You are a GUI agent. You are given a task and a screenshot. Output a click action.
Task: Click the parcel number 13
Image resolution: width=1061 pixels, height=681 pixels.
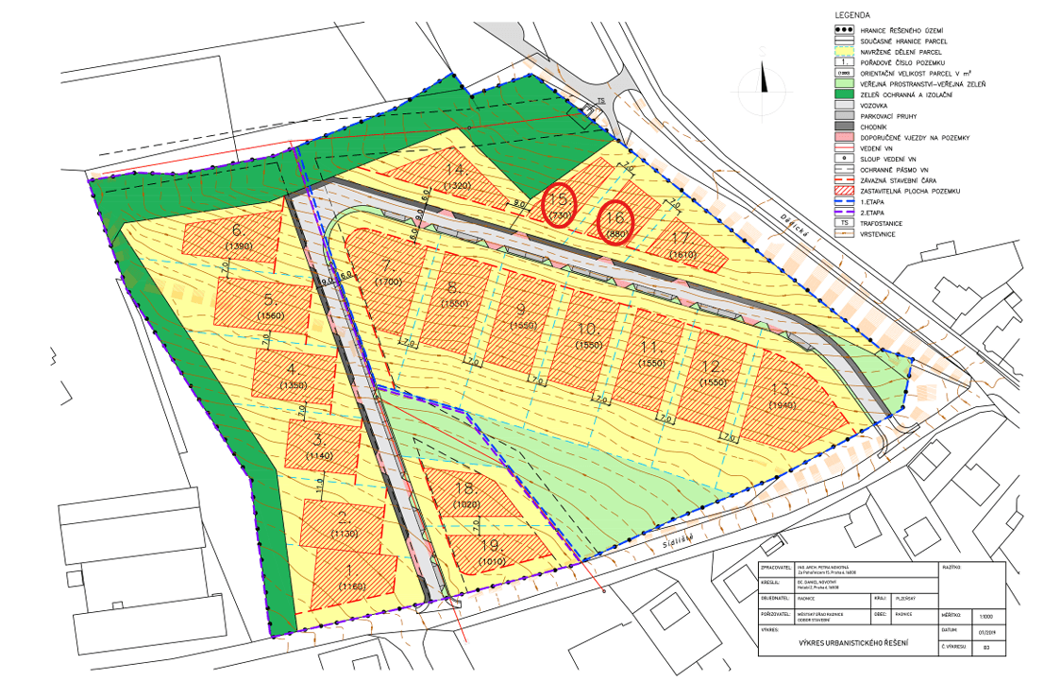pos(780,390)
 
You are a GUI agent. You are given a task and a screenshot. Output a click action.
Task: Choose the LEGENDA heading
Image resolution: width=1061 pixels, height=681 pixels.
pos(853,16)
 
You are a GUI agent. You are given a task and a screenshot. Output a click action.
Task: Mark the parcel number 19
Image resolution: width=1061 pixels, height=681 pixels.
pos(490,546)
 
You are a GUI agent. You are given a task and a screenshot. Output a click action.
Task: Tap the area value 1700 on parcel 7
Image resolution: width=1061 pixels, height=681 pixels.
pos(388,281)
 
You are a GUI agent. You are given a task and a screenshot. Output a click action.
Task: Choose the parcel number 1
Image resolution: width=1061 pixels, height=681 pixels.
pos(349,570)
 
